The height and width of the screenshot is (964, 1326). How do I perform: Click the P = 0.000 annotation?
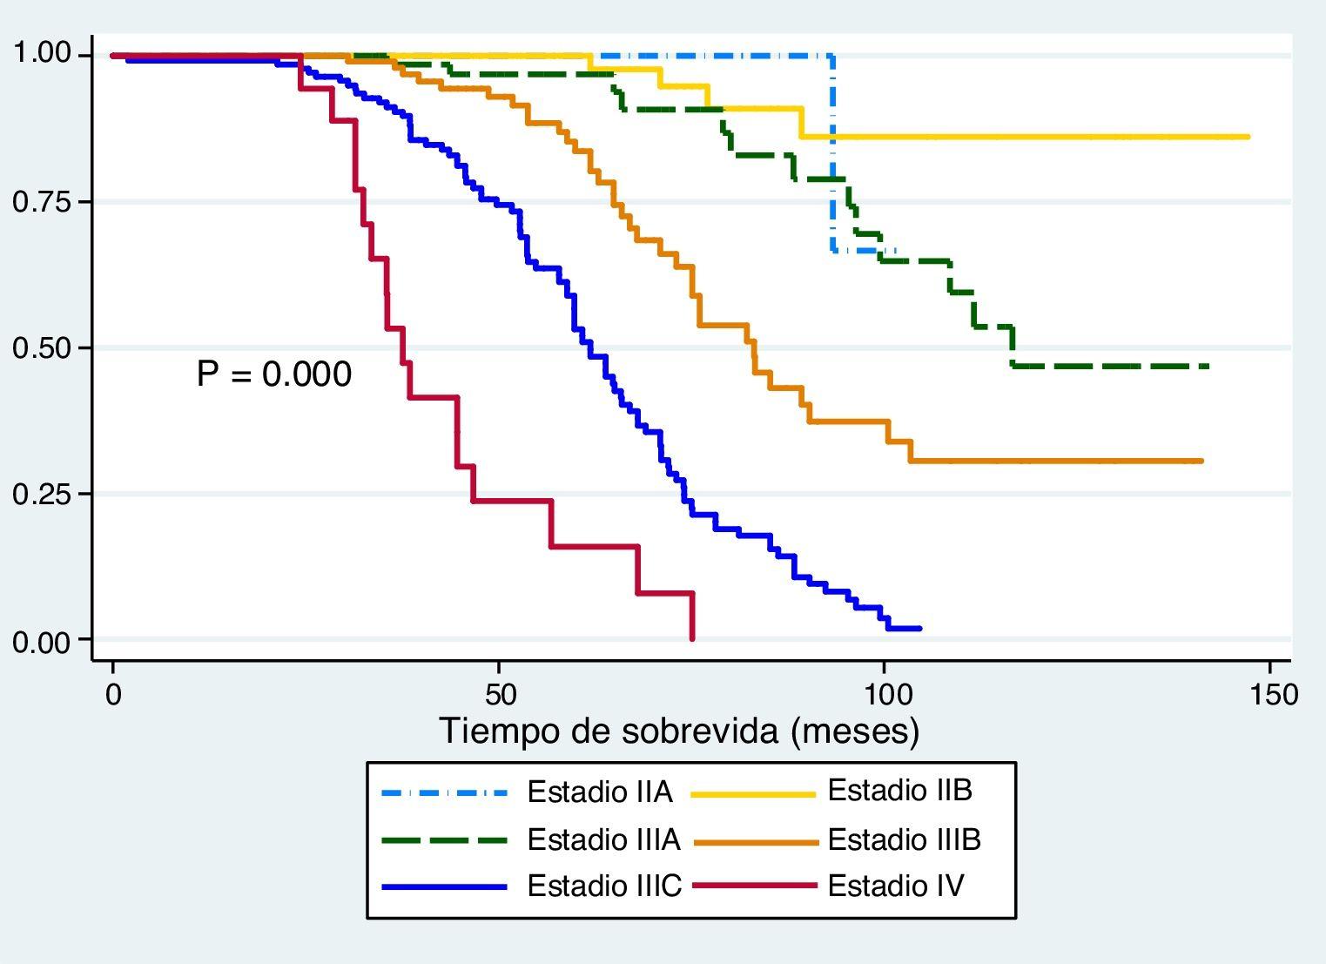(274, 374)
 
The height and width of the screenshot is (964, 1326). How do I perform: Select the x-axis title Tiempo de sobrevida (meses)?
(679, 731)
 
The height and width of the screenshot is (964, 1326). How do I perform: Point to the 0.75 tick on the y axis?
(40, 202)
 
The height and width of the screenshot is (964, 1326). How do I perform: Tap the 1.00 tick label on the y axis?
(40, 54)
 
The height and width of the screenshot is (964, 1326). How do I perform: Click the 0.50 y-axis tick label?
(40, 348)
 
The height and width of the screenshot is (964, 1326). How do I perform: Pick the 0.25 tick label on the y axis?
(40, 494)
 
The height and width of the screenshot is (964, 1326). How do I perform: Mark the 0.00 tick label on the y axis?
(40, 642)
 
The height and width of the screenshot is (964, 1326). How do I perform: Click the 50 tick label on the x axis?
(499, 694)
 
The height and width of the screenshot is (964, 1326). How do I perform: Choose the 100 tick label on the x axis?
(884, 694)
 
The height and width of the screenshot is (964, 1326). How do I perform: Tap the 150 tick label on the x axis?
(1270, 694)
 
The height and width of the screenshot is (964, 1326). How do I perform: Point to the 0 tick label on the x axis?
(113, 694)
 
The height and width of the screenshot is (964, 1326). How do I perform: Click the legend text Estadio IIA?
(600, 792)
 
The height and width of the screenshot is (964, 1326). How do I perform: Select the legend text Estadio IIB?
(899, 791)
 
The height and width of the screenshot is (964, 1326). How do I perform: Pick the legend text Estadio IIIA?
(603, 839)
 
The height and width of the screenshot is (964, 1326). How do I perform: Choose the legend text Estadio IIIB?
(904, 839)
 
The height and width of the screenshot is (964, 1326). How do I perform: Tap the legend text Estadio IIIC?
(604, 886)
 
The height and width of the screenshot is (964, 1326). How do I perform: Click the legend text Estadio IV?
(896, 886)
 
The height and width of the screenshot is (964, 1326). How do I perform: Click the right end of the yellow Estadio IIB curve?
(1249, 137)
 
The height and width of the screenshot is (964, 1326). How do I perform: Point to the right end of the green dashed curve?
(1208, 367)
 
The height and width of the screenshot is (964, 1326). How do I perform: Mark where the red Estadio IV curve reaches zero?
(692, 638)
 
